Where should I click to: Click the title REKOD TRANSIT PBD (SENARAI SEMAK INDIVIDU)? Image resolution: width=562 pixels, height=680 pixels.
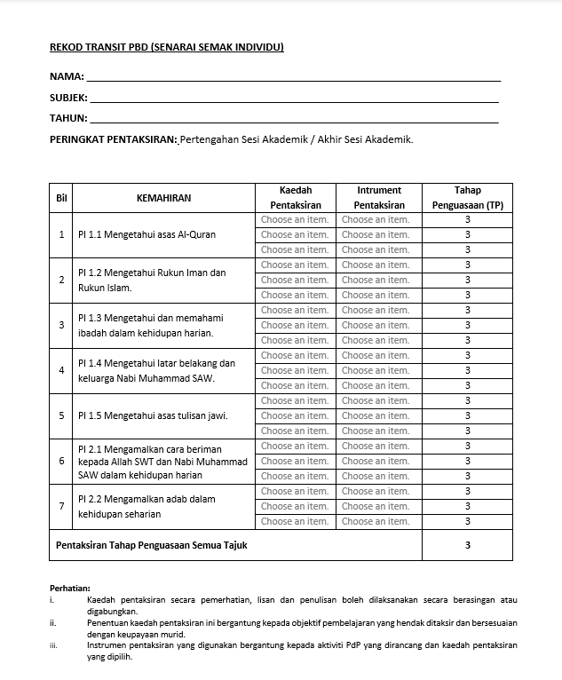pyautogui.click(x=166, y=47)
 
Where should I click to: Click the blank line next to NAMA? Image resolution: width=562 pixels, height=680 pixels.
pyautogui.click(x=293, y=78)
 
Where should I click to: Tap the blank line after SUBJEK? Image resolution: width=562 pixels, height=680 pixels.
pyautogui.click(x=293, y=99)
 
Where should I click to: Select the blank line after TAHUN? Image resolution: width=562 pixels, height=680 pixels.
pyautogui.click(x=293, y=119)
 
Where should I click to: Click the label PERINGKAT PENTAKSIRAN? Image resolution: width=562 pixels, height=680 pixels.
pyautogui.click(x=114, y=139)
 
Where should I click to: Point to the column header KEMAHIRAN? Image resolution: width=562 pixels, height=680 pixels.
pyautogui.click(x=163, y=198)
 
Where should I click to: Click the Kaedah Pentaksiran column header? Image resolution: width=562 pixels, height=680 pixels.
pyautogui.click(x=295, y=198)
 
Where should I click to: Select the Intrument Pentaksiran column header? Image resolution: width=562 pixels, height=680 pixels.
pyautogui.click(x=378, y=198)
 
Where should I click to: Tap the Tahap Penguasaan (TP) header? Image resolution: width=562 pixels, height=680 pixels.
pyautogui.click(x=467, y=198)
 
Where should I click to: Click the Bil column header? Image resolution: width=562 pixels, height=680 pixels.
pyautogui.click(x=61, y=198)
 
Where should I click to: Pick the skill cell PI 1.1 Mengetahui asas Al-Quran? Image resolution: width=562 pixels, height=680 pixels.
pyautogui.click(x=146, y=235)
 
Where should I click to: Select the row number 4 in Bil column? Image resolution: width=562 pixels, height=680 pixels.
pyautogui.click(x=61, y=370)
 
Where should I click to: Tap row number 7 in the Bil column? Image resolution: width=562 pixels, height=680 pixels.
pyautogui.click(x=61, y=506)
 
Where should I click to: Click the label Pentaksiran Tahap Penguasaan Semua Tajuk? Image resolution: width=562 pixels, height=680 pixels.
pyautogui.click(x=151, y=545)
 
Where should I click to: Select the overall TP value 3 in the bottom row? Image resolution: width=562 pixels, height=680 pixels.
pyautogui.click(x=467, y=545)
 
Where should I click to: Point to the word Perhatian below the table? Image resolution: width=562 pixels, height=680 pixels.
pyautogui.click(x=70, y=588)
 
